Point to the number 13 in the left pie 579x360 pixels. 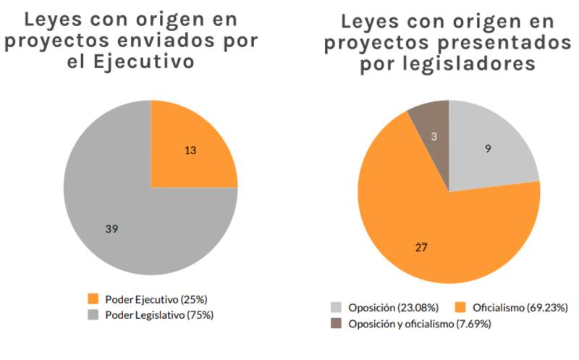point(190,151)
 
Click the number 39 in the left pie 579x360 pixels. point(111,229)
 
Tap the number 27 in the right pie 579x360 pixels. point(421,248)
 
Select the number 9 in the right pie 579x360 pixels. point(489,149)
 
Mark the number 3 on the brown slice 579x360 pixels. point(433,137)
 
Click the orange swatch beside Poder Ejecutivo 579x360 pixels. point(93,298)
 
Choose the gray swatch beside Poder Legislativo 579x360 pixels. point(93,315)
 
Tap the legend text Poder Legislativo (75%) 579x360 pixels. point(159,315)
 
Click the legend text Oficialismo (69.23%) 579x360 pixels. point(518,307)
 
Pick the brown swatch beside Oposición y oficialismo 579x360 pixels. point(337,324)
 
